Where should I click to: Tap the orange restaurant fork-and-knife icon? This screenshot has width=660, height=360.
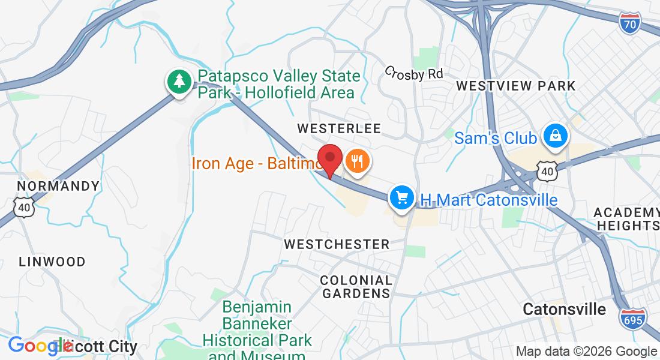pyautogui.click(x=357, y=161)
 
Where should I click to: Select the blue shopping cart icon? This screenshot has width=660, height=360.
pyautogui.click(x=401, y=197)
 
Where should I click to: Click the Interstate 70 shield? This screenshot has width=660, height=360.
pyautogui.click(x=630, y=23)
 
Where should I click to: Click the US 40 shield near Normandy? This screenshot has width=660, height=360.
pyautogui.click(x=24, y=208)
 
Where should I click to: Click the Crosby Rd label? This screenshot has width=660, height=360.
pyautogui.click(x=414, y=73)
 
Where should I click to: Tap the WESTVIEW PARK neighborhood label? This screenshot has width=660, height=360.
pyautogui.click(x=515, y=86)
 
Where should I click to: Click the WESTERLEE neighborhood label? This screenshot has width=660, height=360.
pyautogui.click(x=339, y=128)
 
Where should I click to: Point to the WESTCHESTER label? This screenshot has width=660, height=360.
pyautogui.click(x=337, y=244)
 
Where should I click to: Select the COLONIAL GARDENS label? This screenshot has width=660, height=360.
pyautogui.click(x=356, y=287)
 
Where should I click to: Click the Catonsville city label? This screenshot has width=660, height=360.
pyautogui.click(x=564, y=309)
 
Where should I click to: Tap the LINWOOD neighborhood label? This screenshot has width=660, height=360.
pyautogui.click(x=52, y=262)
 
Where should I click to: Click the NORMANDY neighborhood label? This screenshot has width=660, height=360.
pyautogui.click(x=58, y=186)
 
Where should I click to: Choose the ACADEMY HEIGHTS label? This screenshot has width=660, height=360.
pyautogui.click(x=626, y=219)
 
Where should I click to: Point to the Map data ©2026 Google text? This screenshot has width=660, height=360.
pyautogui.click(x=586, y=351)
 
